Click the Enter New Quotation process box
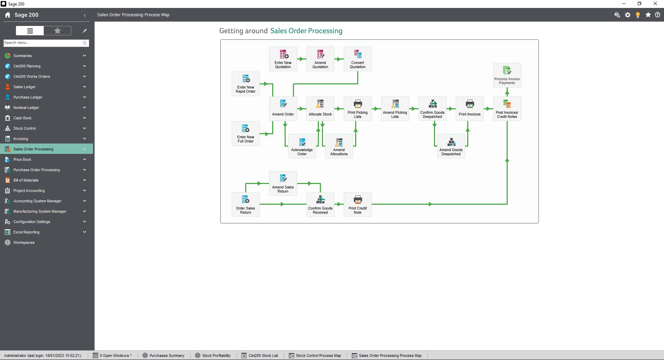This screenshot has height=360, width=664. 283,59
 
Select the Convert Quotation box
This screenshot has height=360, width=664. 358,59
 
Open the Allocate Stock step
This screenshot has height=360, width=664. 320,109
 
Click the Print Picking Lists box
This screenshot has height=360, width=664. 358,109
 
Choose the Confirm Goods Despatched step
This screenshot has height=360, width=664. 432,109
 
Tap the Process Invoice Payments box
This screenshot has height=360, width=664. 507,75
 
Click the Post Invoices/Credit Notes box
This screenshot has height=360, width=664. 507,109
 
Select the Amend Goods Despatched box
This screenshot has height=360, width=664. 451,146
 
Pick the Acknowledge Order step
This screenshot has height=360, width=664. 302,146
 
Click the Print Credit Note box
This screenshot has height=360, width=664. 358,204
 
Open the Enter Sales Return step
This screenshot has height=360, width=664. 246,204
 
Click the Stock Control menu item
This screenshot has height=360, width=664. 25,128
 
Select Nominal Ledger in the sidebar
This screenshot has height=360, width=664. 26,108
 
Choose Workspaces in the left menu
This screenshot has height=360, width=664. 24,242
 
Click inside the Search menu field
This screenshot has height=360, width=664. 42,43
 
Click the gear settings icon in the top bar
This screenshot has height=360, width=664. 628,15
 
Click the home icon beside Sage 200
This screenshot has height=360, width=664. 8,15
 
